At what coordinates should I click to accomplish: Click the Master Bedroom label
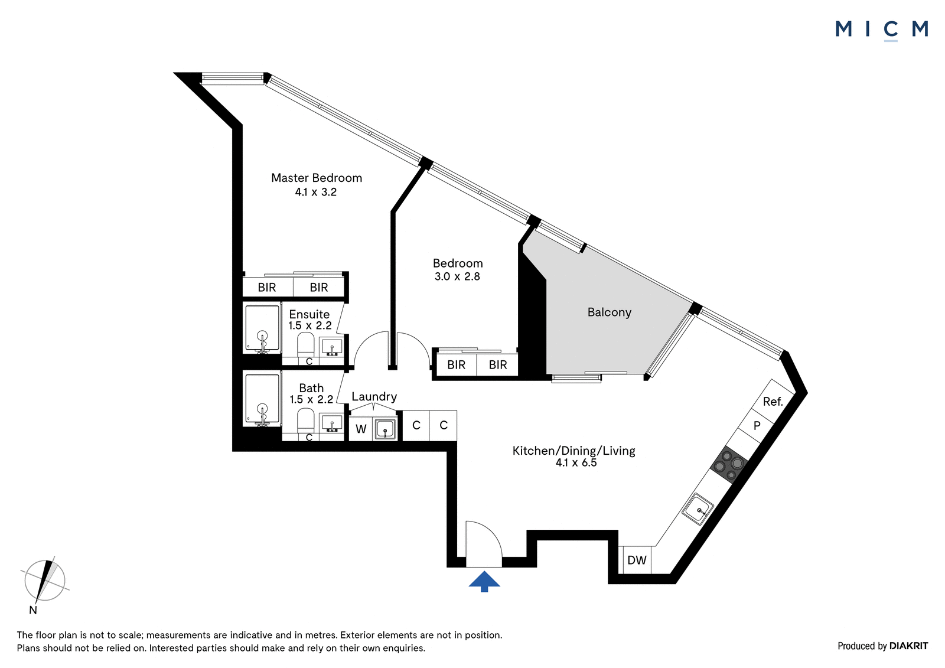317,178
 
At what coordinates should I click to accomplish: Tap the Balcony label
609,312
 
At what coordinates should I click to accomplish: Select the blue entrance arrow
484,582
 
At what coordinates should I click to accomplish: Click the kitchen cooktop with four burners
729,464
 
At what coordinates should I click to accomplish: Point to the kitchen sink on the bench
698,509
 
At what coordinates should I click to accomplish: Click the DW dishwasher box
637,560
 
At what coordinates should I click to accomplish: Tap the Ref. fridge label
773,401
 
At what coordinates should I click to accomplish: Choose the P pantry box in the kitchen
757,426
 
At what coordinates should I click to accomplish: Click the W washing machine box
361,429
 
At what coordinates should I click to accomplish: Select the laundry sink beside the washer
384,429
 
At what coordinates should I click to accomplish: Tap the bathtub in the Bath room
262,399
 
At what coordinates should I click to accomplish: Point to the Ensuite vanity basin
332,347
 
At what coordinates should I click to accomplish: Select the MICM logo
881,30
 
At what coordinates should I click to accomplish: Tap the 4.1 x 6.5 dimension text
576,463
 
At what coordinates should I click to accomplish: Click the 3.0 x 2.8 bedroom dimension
457,277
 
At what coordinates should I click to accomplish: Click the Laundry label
374,397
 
